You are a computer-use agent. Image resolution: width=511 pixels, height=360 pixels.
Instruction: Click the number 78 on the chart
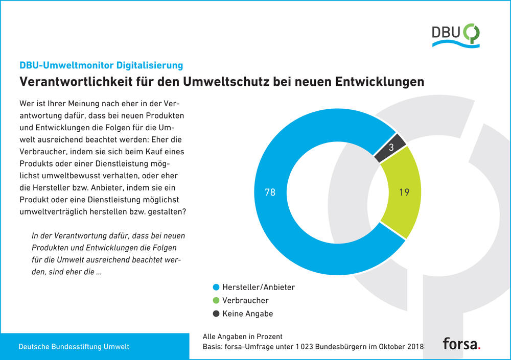coord(270,193)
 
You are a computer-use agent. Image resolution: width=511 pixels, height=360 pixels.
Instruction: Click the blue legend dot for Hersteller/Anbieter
coord(216,287)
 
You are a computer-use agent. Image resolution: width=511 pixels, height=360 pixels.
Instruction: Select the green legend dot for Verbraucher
coord(216,301)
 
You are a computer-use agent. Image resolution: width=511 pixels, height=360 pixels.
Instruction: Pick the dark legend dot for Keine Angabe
coord(216,314)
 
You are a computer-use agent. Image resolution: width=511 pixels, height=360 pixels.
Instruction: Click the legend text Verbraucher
coord(245,301)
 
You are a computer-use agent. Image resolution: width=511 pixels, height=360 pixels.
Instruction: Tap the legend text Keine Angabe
coord(247,314)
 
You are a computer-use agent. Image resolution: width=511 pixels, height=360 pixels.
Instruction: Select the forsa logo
coord(461,343)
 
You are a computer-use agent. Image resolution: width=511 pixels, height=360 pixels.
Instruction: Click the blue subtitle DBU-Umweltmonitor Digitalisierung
coord(101,65)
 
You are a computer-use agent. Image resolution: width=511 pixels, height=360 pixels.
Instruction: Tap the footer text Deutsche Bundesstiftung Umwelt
coord(74,347)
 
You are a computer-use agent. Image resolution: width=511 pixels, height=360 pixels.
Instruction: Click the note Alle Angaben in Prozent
coord(243,337)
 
